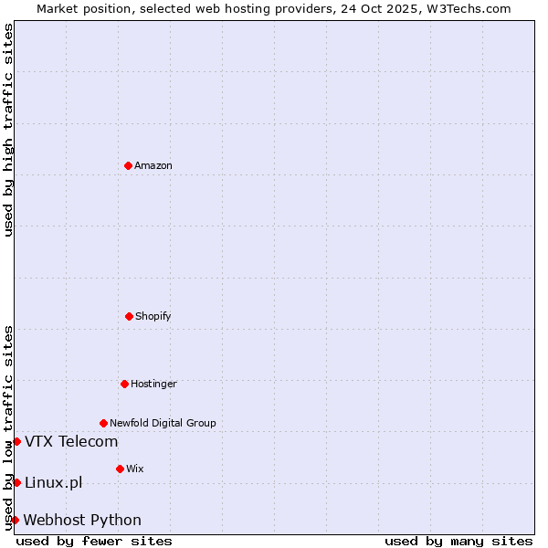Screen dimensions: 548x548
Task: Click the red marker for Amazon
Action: coord(128,165)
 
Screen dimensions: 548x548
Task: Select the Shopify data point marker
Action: coord(129,316)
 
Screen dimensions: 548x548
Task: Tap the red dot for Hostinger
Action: coord(124,384)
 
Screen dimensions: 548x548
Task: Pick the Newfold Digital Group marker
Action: coord(103,423)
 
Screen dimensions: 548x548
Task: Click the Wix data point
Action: coord(120,469)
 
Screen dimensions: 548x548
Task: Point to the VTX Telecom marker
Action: coord(16,442)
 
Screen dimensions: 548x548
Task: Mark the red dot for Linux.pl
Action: coord(16,482)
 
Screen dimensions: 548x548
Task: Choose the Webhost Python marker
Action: coord(15,520)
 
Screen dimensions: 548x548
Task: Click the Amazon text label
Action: coord(153,165)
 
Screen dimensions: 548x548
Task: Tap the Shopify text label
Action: coord(153,316)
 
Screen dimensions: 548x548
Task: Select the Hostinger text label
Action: coord(153,384)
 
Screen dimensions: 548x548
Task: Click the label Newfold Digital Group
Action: coord(163,423)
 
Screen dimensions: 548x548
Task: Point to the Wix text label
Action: coord(135,469)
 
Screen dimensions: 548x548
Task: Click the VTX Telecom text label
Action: coord(71,442)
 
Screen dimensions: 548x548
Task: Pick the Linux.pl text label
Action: coord(53,482)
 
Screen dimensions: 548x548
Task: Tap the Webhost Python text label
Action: coord(82,520)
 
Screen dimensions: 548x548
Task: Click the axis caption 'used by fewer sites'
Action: coord(94,541)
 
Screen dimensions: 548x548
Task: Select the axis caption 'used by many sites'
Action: coord(458,541)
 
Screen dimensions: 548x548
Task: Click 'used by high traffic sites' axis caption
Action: coord(8,130)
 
